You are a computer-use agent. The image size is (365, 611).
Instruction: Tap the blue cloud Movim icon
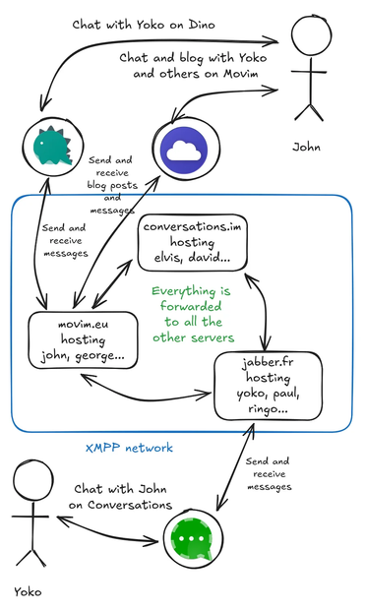tap(182, 150)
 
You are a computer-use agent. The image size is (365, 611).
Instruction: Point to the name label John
tap(306, 147)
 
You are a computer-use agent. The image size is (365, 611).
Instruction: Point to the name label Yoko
tap(29, 593)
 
